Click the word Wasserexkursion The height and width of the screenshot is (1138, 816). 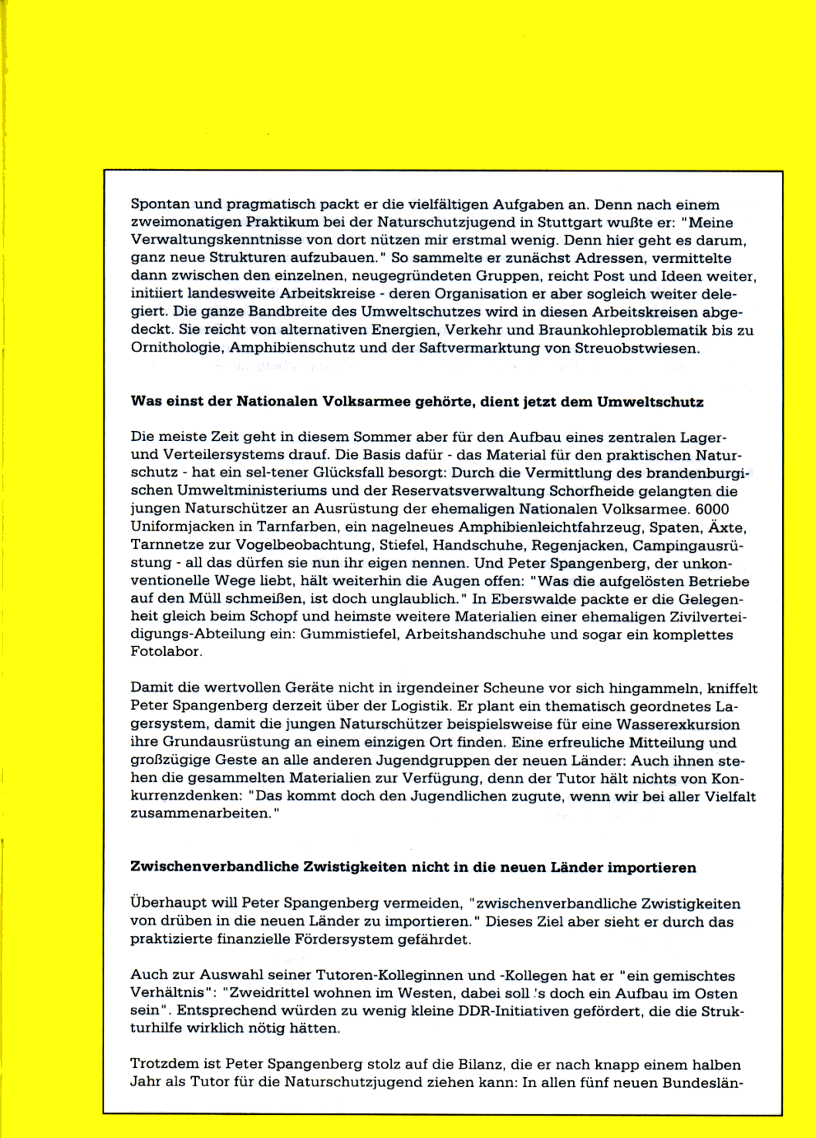click(676, 725)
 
